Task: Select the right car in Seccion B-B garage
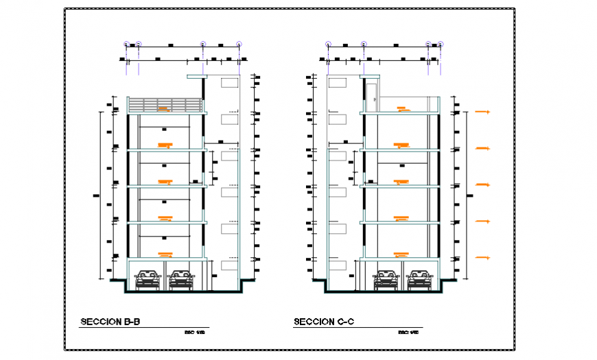(x=181, y=278)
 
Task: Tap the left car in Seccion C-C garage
(x=386, y=278)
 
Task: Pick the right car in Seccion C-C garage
(x=419, y=278)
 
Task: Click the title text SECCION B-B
(x=110, y=322)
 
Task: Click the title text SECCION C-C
(x=324, y=322)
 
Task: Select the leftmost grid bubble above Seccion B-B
(x=126, y=44)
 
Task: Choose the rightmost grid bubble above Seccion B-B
(x=239, y=44)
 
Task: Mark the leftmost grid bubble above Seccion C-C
(x=328, y=44)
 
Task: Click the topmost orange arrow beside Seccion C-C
(x=482, y=111)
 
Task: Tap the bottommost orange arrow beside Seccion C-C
(x=482, y=258)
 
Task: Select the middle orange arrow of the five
(x=482, y=184)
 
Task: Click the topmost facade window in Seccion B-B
(x=229, y=83)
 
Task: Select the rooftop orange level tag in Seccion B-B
(x=163, y=108)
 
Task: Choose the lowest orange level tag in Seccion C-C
(x=401, y=254)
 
